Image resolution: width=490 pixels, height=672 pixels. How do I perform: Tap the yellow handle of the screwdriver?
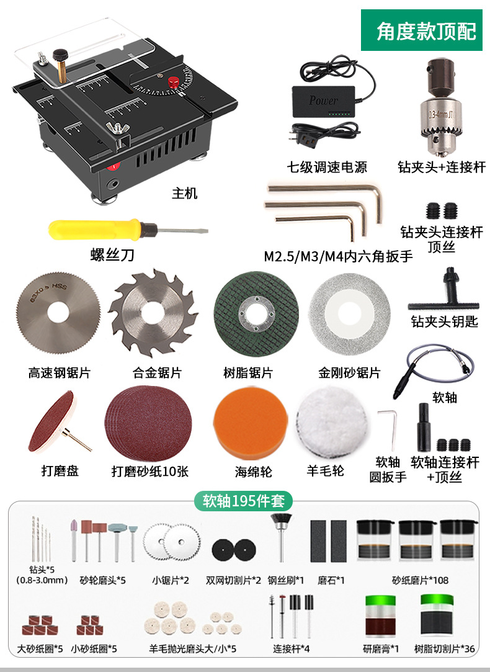pos(93,228)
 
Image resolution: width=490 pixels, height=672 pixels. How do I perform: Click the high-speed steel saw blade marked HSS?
pos(56,310)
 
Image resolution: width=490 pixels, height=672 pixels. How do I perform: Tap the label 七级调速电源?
pos(327,167)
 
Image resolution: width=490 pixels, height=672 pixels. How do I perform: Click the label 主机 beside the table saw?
pos(184,194)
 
